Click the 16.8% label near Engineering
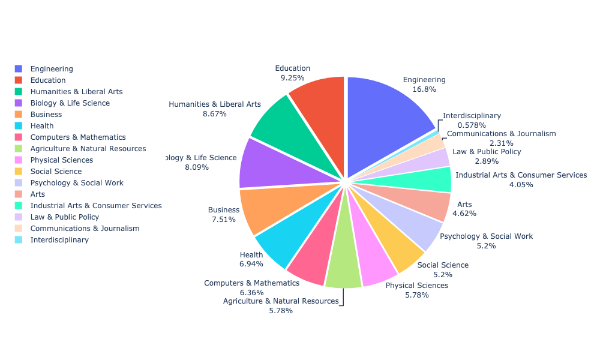(x=424, y=89)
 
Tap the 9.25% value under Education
(x=293, y=78)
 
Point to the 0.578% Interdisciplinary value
(x=455, y=125)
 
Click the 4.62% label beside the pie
(x=464, y=214)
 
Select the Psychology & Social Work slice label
(x=486, y=236)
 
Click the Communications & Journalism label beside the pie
(x=501, y=134)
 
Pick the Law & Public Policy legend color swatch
(x=19, y=217)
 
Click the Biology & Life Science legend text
(x=70, y=103)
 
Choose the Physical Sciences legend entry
(x=62, y=160)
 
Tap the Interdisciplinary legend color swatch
(x=19, y=240)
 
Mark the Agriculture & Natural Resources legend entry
(x=88, y=149)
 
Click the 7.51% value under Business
(x=223, y=220)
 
